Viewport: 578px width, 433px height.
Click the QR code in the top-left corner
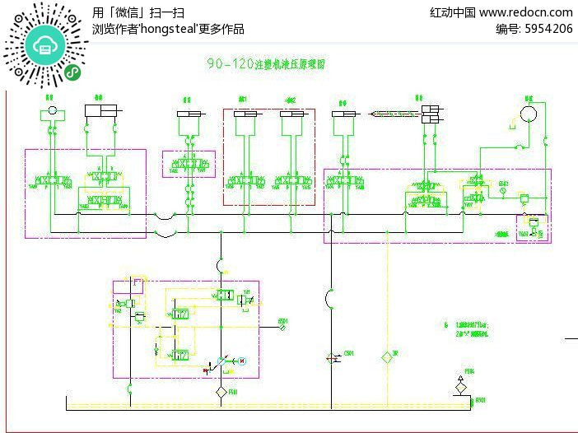pos(46,45)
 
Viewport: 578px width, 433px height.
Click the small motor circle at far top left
pos(51,109)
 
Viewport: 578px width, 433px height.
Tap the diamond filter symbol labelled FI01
pos(221,392)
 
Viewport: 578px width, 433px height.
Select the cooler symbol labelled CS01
pos(332,358)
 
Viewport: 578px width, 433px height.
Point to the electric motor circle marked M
pos(242,361)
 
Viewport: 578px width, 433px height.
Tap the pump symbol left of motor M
pos(220,361)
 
